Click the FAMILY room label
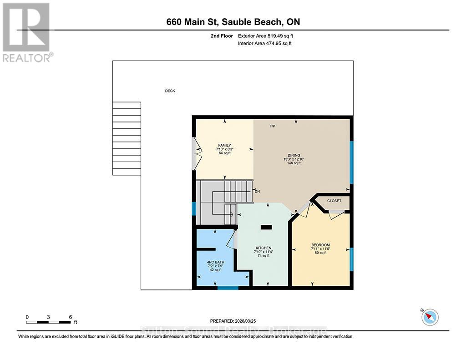pyautogui.click(x=224, y=146)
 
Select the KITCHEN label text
pyautogui.click(x=263, y=248)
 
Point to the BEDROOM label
pyautogui.click(x=320, y=245)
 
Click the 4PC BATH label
pyautogui.click(x=215, y=262)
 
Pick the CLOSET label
pyautogui.click(x=334, y=201)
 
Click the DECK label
pyautogui.click(x=170, y=91)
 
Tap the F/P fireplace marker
pyautogui.click(x=273, y=126)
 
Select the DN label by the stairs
pyautogui.click(x=256, y=191)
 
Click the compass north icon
pyautogui.click(x=430, y=317)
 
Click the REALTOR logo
pyautogui.click(x=26, y=32)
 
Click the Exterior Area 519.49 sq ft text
pyautogui.click(x=268, y=36)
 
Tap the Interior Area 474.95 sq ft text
pyautogui.click(x=264, y=44)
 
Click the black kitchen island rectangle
pyautogui.click(x=266, y=227)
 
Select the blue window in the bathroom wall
pyautogui.click(x=228, y=288)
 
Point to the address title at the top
pyautogui.click(x=233, y=22)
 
